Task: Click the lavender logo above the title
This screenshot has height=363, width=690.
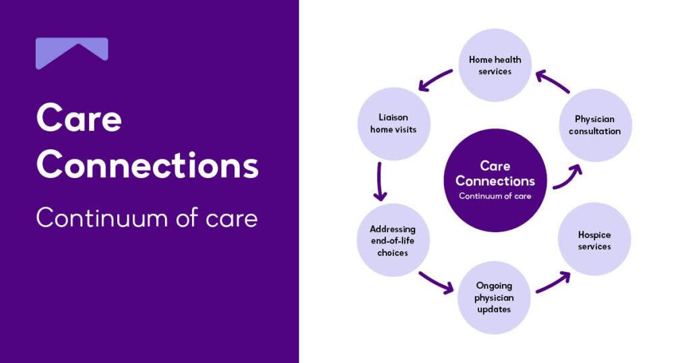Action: tap(71, 53)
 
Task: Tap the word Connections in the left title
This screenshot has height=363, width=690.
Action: tap(147, 165)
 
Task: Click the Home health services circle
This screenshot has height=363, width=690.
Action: tap(495, 65)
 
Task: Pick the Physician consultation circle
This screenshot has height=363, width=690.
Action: tap(595, 125)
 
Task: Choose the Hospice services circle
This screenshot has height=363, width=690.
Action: tap(594, 240)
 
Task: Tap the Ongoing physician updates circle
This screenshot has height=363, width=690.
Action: tap(494, 298)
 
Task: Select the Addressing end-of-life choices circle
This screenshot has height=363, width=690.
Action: tap(393, 241)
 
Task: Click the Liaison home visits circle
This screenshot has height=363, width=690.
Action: tap(394, 123)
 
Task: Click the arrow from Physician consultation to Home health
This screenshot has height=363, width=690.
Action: tap(553, 82)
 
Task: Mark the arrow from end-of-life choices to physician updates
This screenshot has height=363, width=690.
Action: tap(436, 282)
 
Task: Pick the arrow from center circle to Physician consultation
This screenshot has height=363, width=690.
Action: tap(567, 177)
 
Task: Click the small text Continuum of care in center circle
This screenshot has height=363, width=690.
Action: tap(495, 196)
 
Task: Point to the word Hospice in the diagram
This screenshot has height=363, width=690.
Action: tap(594, 235)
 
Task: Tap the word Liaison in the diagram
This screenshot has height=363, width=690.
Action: tap(394, 117)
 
